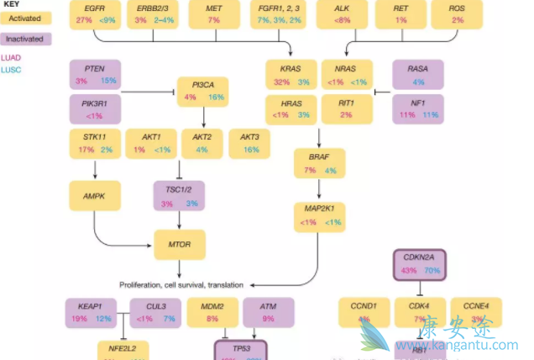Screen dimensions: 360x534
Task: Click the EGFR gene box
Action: (95, 13)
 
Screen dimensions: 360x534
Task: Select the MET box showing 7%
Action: (213, 13)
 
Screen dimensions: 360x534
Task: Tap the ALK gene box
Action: (342, 13)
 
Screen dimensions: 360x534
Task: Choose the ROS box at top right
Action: (457, 13)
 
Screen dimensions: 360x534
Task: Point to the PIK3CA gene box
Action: (202, 91)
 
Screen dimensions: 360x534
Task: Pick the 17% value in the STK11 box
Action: (86, 150)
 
